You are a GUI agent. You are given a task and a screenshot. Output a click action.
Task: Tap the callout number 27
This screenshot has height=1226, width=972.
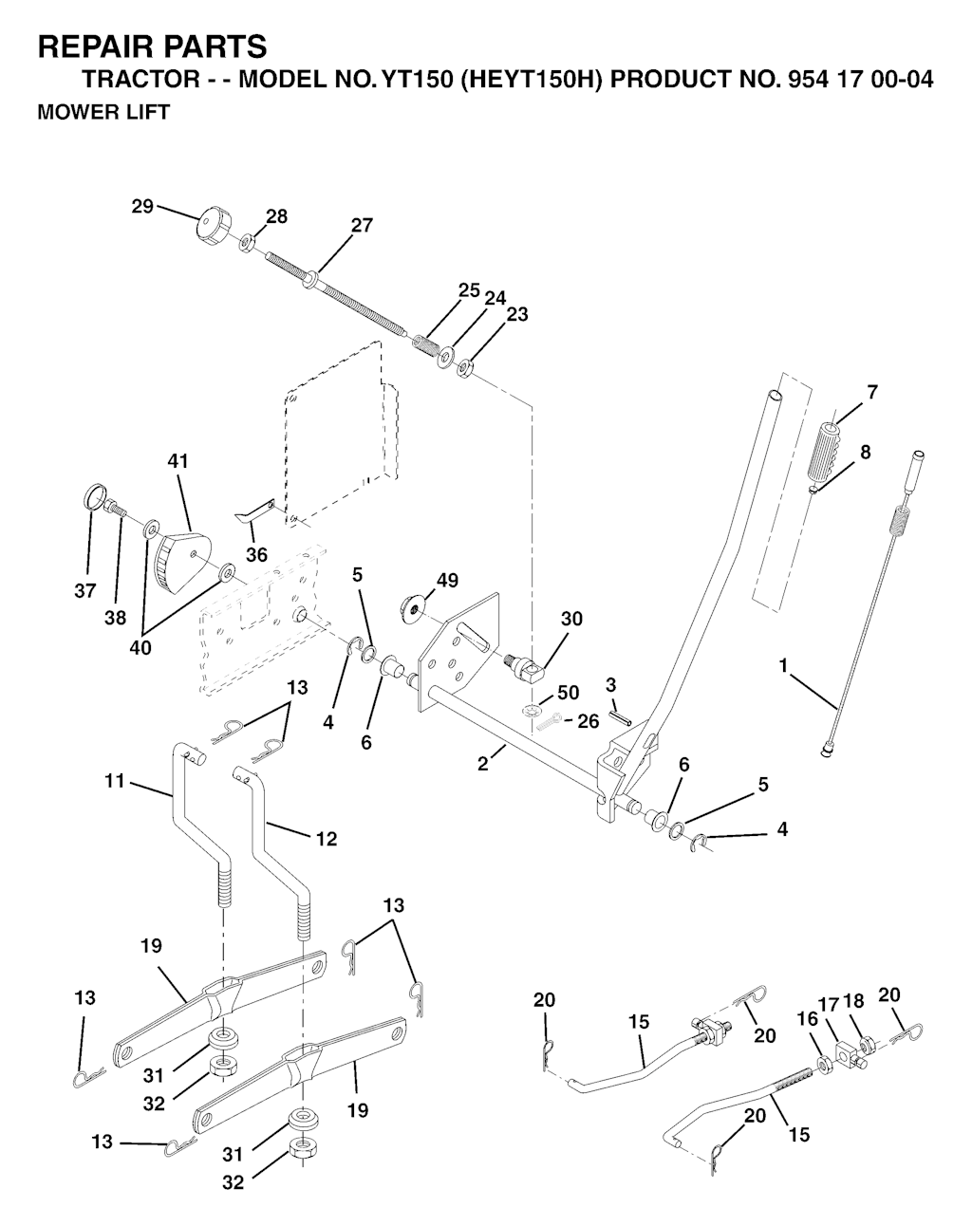click(x=362, y=226)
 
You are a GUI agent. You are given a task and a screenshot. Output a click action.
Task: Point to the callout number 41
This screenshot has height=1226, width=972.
click(x=178, y=461)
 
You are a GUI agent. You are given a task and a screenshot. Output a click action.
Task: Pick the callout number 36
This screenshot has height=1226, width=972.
click(x=256, y=554)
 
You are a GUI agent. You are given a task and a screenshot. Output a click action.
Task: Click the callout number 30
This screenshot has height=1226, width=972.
click(x=571, y=619)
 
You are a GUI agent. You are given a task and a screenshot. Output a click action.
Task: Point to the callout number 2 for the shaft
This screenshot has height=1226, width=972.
click(x=483, y=763)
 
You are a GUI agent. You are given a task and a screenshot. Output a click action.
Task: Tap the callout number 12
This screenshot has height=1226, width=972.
click(x=325, y=839)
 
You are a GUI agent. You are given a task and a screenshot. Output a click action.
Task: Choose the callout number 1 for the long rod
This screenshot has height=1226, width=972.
click(x=784, y=666)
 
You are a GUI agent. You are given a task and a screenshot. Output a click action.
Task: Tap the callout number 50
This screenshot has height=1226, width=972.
click(x=568, y=693)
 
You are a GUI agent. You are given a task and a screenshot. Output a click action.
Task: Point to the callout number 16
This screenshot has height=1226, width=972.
click(x=807, y=1017)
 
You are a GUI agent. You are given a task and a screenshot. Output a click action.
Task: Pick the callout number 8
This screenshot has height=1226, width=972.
click(x=865, y=452)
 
